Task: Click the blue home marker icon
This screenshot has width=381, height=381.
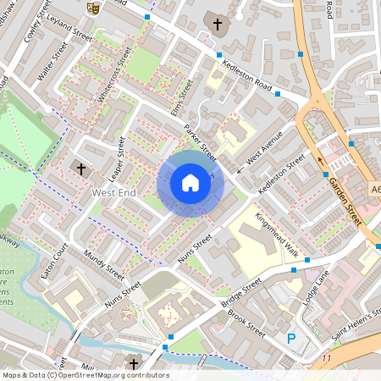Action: click(190, 183)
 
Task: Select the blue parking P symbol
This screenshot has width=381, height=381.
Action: click(291, 339)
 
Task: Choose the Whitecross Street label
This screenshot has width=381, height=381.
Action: click(115, 77)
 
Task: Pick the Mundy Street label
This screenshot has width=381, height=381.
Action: click(104, 265)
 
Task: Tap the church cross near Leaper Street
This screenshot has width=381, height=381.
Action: click(81, 168)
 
